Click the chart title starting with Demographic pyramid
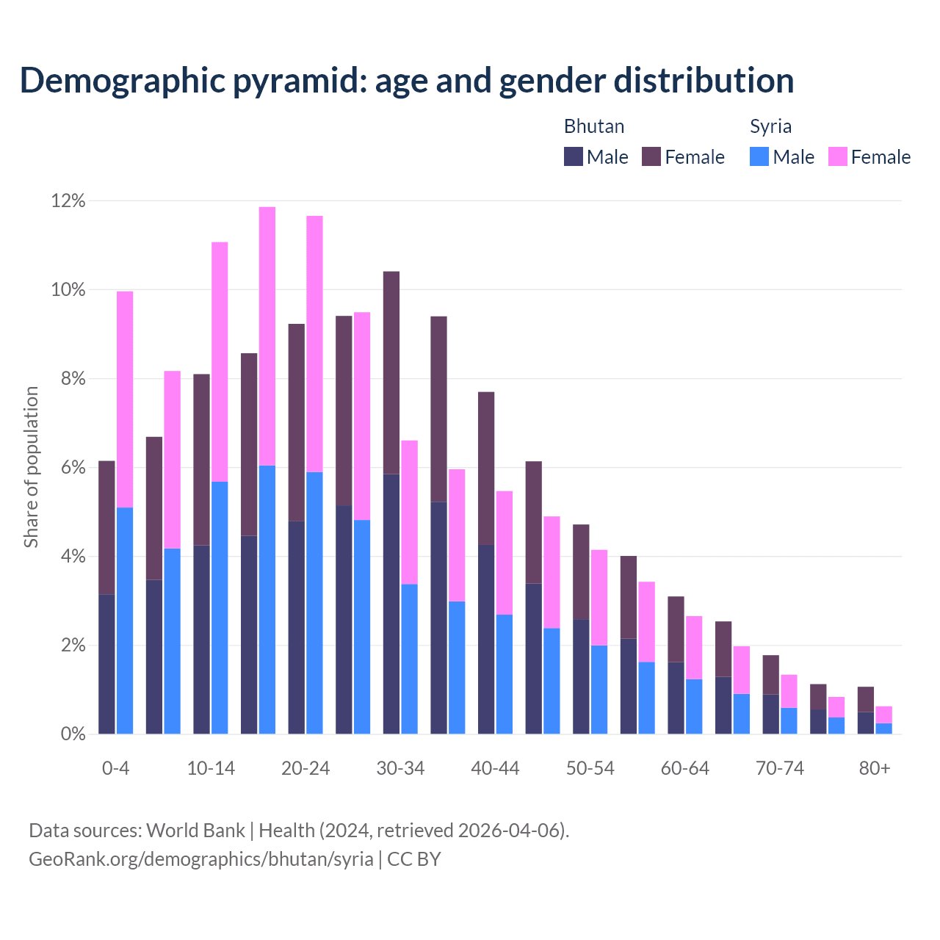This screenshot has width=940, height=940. [407, 81]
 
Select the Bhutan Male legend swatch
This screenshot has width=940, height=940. [574, 156]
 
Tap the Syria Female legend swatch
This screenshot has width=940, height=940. [837, 156]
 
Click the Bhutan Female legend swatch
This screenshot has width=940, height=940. [651, 156]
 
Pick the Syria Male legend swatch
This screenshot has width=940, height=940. [759, 156]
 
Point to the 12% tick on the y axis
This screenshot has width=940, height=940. [68, 201]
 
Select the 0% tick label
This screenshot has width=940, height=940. [73, 734]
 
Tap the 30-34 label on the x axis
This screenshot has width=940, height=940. [400, 769]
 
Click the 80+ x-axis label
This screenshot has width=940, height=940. [875, 769]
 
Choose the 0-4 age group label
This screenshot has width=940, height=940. [116, 769]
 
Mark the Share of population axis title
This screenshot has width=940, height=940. [31, 467]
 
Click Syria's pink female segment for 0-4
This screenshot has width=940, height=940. [125, 399]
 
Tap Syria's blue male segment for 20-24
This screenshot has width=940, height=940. [314, 603]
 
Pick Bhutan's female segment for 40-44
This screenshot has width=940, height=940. [486, 468]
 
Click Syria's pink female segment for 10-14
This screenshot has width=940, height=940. [220, 361]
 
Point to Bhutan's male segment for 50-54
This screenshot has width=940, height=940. [581, 676]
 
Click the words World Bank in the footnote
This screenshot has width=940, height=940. [195, 831]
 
